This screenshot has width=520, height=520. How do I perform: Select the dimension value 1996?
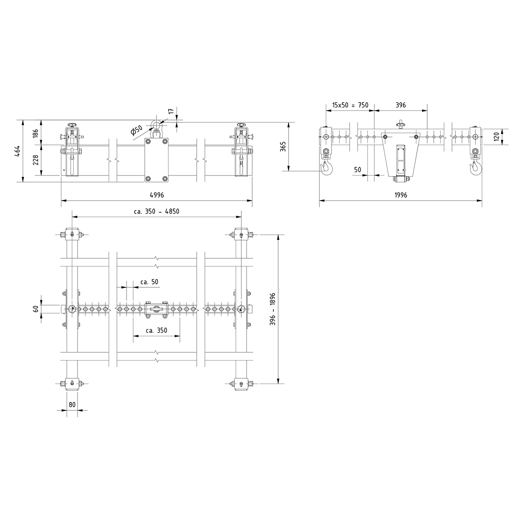401,195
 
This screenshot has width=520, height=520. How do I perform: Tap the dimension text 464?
17,151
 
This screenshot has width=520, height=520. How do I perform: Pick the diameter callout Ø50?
136,130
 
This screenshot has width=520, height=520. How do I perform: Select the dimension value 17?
171,111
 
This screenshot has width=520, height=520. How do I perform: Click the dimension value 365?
283,146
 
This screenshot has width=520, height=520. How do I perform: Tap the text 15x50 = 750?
350,105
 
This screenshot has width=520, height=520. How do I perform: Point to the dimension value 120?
497,137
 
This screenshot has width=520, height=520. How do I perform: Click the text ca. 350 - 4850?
156,211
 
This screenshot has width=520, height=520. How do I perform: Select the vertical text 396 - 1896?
273,309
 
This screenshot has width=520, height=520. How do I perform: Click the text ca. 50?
149,282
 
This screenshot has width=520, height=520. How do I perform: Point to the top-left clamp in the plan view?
72,235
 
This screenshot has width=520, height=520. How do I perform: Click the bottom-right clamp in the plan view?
241,383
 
